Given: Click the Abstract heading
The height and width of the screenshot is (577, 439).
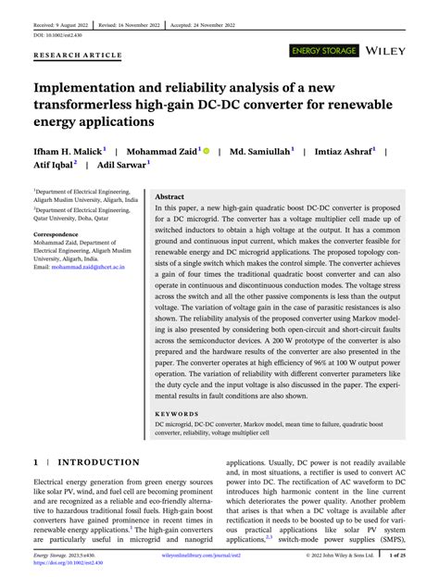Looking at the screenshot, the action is (x=169, y=197).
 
